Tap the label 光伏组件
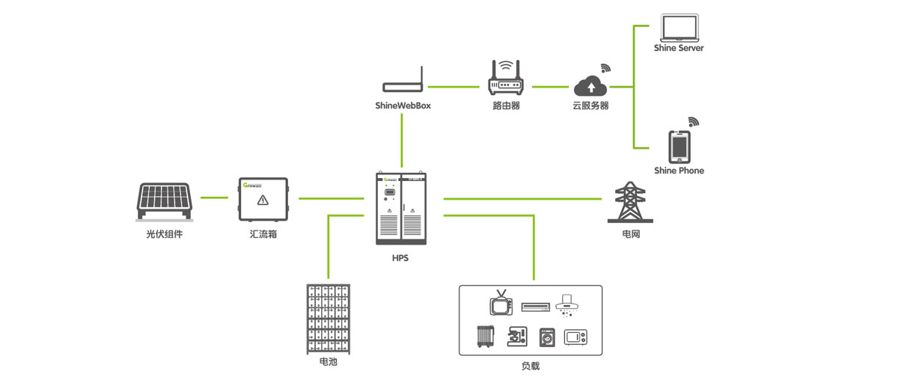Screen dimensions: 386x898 pyautogui.click(x=164, y=234)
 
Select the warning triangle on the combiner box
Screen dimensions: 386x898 pyautogui.click(x=263, y=200)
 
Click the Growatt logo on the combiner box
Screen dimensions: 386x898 pyautogui.click(x=252, y=184)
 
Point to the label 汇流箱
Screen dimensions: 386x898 pyautogui.click(x=263, y=234)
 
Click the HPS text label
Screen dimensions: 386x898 pyautogui.click(x=400, y=258)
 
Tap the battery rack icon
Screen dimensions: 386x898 pyautogui.click(x=328, y=320)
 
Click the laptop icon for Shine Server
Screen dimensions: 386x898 pyautogui.click(x=679, y=28)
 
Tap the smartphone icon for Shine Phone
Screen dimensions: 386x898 pyautogui.click(x=679, y=146)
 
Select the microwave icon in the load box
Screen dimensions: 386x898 pyautogui.click(x=575, y=339)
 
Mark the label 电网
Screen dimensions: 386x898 pyautogui.click(x=631, y=234)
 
